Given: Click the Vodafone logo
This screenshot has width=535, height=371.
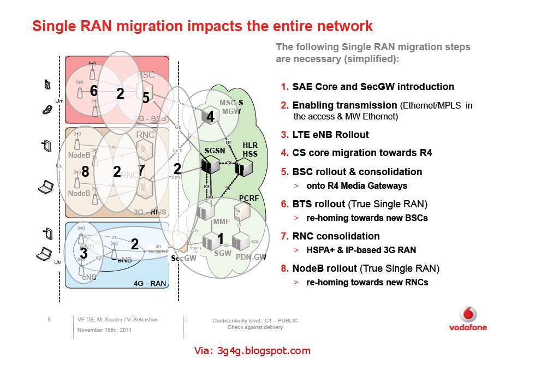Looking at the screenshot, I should coord(468,319).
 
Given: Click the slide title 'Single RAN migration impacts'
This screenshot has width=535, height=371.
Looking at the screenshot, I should coord(202,26).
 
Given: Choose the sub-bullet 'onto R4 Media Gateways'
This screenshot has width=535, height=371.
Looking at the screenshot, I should coord(356,185).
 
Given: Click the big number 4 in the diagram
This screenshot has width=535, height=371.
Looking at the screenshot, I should coord(210,117).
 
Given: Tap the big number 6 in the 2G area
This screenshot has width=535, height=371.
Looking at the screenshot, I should coord(94,91).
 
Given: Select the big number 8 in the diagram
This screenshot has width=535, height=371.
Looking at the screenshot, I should coord(85,171).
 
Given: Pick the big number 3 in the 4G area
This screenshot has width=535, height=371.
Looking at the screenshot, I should coord(84,253).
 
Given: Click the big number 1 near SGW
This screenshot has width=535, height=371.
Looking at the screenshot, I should coord(221,238).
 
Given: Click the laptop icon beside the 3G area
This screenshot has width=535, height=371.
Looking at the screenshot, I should coord(45,189).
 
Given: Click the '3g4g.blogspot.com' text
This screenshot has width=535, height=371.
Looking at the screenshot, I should coord(252,351).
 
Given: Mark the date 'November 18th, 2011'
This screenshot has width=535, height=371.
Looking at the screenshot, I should coord(104,331).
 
